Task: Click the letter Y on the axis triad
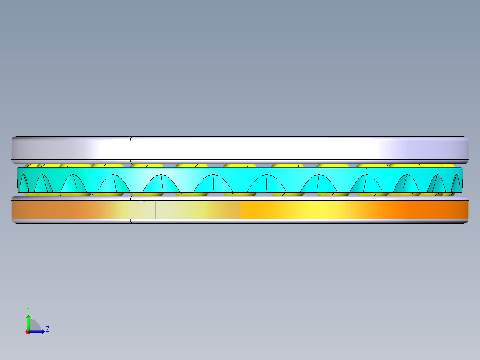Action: pyautogui.click(x=28, y=310)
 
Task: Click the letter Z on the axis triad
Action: pyautogui.click(x=48, y=329)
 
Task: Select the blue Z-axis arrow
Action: pyautogui.click(x=37, y=331)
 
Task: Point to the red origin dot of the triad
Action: pyautogui.click(x=28, y=332)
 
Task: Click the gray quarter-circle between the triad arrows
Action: pyautogui.click(x=34, y=325)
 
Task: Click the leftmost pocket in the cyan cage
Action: pyautogui.click(x=24, y=184)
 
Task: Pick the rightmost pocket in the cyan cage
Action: pyautogui.click(x=456, y=184)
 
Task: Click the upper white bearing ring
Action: pyautogui.click(x=240, y=150)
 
